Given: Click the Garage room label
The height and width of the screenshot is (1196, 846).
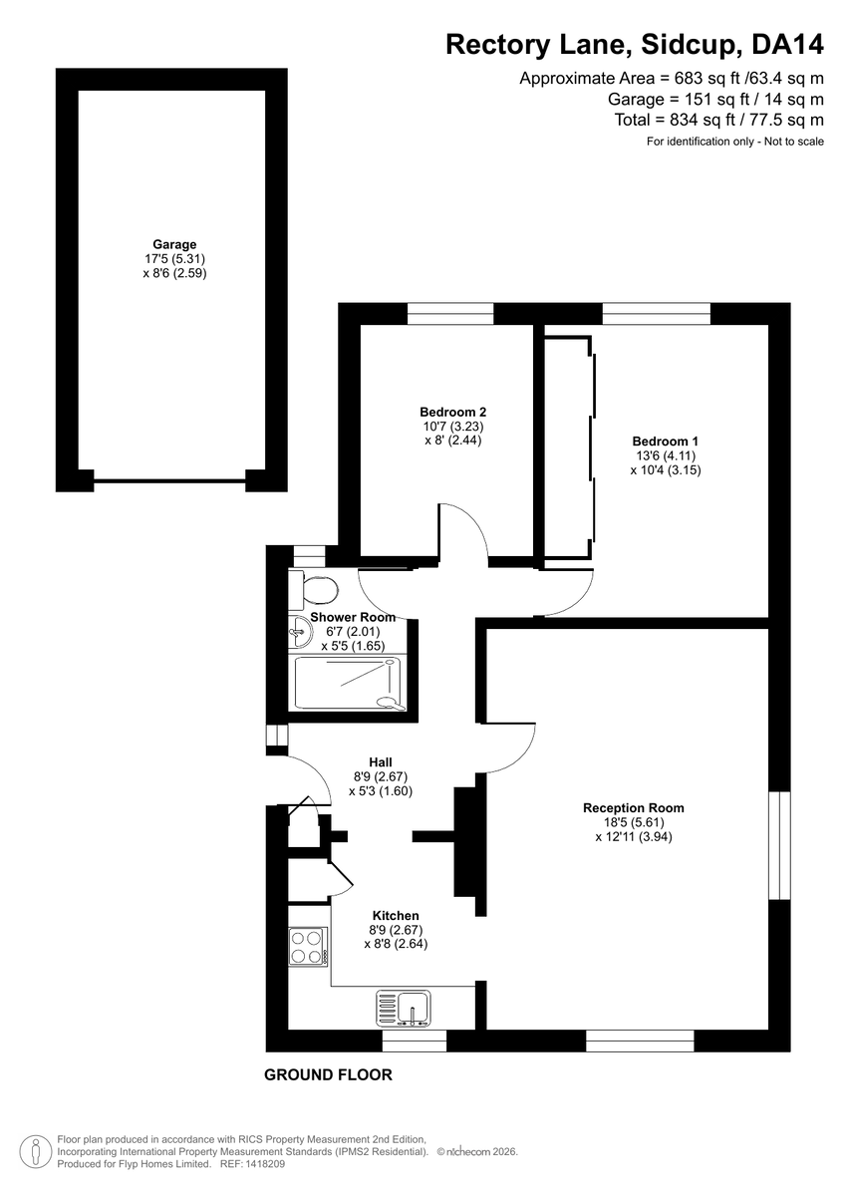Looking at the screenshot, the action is [174, 244].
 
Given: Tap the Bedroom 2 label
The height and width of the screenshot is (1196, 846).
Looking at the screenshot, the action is [452, 413].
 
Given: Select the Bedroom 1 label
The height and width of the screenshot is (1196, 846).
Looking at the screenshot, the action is [665, 442].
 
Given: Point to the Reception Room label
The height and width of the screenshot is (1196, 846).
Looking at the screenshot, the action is [634, 808].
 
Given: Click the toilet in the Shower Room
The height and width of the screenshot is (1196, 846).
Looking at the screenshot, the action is [314, 590].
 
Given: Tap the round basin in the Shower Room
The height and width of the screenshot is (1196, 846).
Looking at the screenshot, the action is [300, 633].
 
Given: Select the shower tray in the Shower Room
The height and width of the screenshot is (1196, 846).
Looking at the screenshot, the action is [348, 684].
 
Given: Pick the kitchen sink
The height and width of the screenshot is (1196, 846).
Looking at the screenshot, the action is [404, 1009].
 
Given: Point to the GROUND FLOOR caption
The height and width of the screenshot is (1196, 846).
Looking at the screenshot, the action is [328, 1074].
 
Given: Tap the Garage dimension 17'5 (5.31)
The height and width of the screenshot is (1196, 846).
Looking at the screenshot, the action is [174, 259].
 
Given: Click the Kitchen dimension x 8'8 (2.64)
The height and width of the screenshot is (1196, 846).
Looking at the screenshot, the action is [396, 944].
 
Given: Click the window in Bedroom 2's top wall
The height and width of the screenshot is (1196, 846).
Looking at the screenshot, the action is [450, 313].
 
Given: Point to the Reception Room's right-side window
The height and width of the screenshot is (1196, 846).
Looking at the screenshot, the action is [779, 845].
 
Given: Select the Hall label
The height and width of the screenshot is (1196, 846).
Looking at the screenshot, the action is [381, 762].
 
